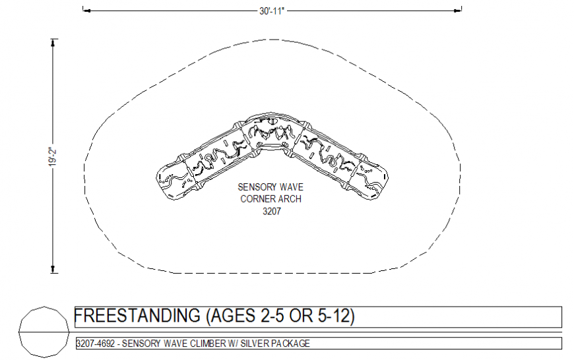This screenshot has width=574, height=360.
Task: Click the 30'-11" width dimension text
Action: coord(272,11)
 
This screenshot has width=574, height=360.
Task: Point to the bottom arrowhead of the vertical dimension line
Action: coord(53,268)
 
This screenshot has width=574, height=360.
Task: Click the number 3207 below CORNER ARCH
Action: coord(271,211)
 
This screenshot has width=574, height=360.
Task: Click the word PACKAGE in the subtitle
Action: coord(290,344)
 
